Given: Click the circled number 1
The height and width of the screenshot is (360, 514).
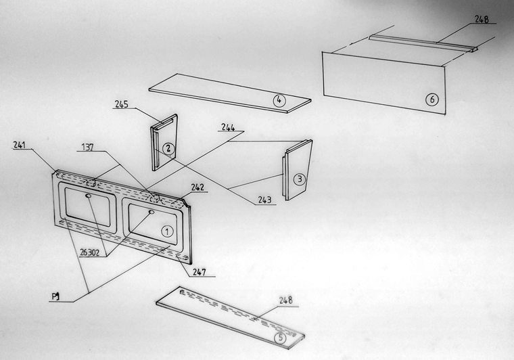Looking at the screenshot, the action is (167, 232).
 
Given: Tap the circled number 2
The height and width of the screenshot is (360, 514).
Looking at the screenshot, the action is (168, 148).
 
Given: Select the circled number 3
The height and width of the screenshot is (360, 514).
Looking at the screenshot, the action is (300, 179).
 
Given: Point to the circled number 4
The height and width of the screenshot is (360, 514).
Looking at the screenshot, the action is (279, 100).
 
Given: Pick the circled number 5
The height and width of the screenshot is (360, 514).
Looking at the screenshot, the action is (280, 338).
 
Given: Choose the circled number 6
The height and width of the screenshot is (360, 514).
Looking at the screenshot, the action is (431, 99).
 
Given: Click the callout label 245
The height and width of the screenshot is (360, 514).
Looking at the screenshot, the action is (121, 104).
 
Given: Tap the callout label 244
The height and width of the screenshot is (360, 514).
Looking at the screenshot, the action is (228, 127).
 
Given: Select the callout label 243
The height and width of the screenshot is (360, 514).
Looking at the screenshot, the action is (265, 200).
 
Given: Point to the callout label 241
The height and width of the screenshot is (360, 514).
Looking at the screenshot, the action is (20, 145).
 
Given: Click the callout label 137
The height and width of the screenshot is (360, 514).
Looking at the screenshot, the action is (87, 148).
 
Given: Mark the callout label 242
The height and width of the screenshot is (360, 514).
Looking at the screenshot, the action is (197, 187).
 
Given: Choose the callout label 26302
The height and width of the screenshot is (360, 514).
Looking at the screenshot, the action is (89, 253).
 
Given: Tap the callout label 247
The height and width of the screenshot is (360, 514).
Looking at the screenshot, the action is (199, 272).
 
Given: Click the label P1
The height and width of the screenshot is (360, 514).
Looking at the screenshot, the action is (55, 296).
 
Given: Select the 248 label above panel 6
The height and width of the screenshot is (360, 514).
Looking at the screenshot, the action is (482, 20).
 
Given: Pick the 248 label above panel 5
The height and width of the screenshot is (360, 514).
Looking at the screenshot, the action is (286, 300).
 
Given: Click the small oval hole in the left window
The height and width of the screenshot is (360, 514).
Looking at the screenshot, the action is (89, 196).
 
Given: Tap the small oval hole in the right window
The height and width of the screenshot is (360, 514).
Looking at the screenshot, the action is (151, 212).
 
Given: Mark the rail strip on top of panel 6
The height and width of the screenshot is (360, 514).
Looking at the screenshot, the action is (423, 43).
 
